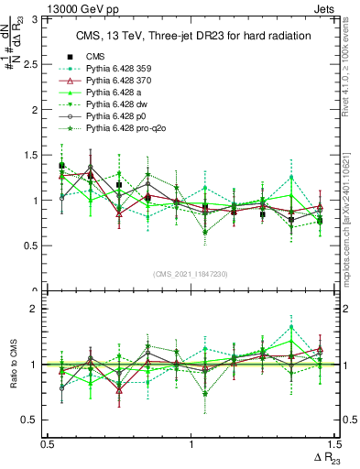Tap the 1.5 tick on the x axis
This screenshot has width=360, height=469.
pyautogui.click(x=334, y=443)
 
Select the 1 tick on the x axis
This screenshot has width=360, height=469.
pyautogui.click(x=191, y=443)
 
